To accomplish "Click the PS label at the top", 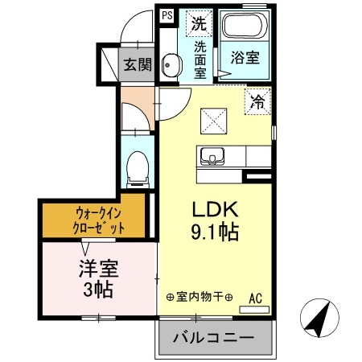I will (x=167, y=14).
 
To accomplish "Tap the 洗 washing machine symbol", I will (x=198, y=23).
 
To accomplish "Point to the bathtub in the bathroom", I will (x=246, y=28).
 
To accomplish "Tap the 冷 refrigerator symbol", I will (x=257, y=101).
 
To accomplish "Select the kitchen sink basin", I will (x=215, y=155).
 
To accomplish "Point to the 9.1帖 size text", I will (x=214, y=234).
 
